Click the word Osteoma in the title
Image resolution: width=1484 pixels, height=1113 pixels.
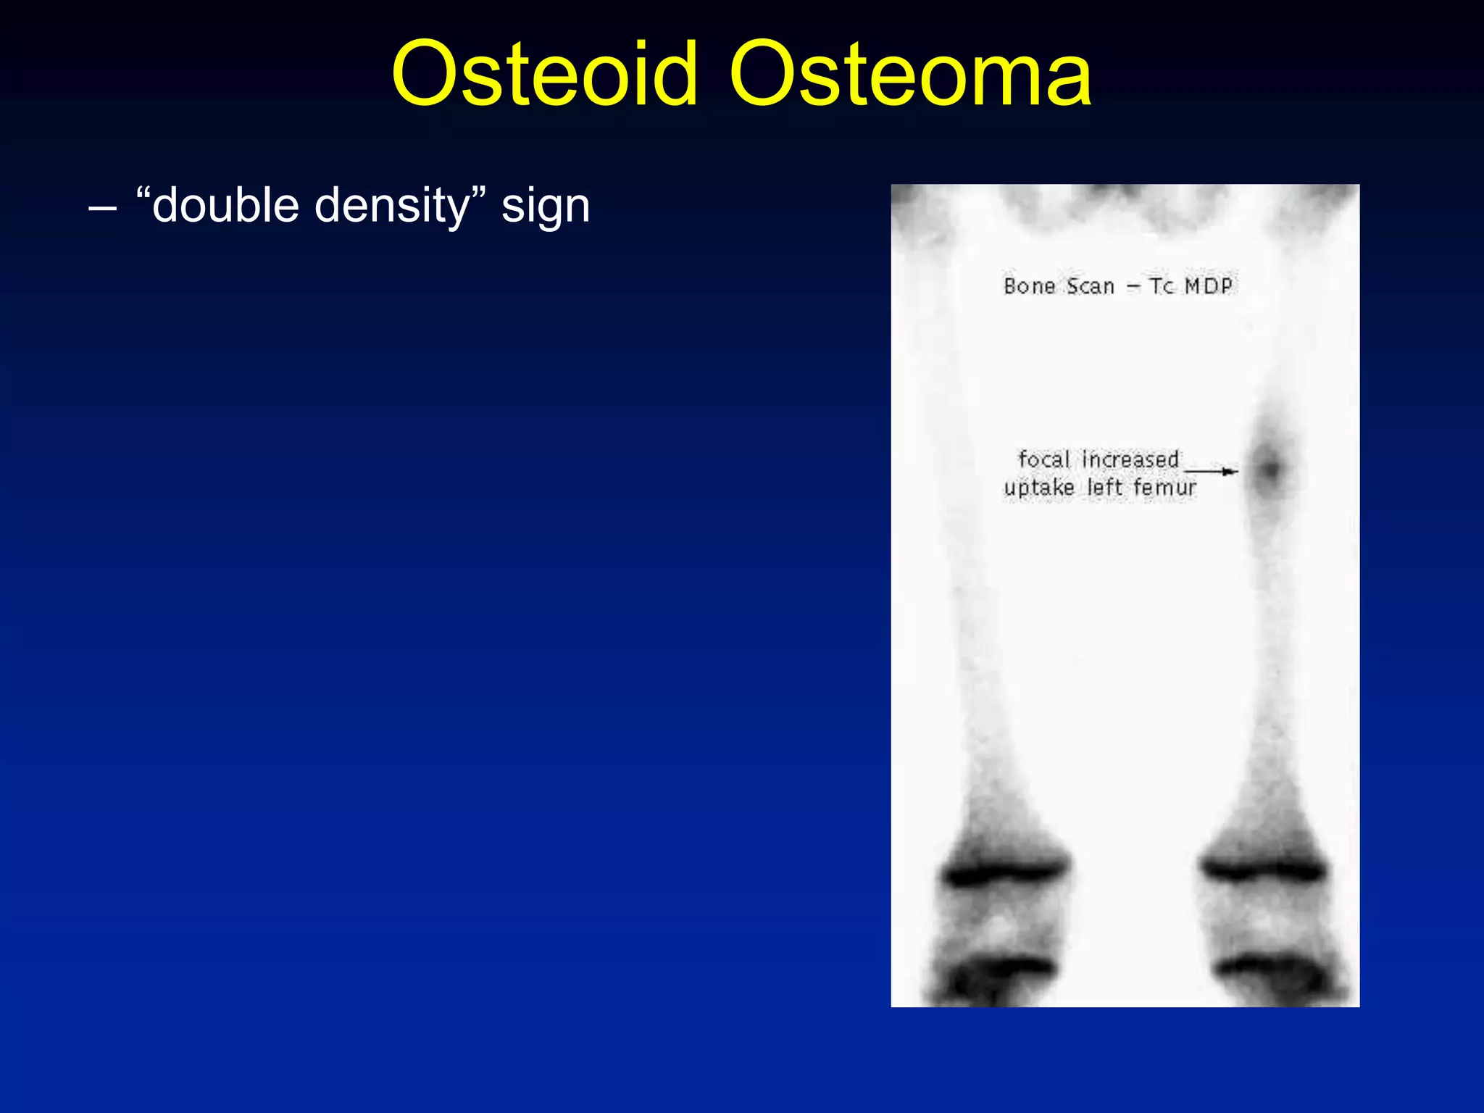pos(910,74)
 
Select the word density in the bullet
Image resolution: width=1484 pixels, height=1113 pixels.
pos(392,207)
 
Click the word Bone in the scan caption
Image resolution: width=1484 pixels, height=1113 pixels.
pos(1029,286)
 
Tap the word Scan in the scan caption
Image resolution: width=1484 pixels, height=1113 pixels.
pos(1090,286)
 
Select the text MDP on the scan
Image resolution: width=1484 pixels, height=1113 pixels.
pos(1208,286)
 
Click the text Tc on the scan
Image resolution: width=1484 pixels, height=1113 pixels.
pos(1162,286)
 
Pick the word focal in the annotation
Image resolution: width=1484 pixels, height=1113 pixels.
pos(1043,459)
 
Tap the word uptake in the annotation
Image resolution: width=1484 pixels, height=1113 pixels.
pos(1039,488)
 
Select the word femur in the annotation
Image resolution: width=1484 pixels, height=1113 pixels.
pos(1164,488)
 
